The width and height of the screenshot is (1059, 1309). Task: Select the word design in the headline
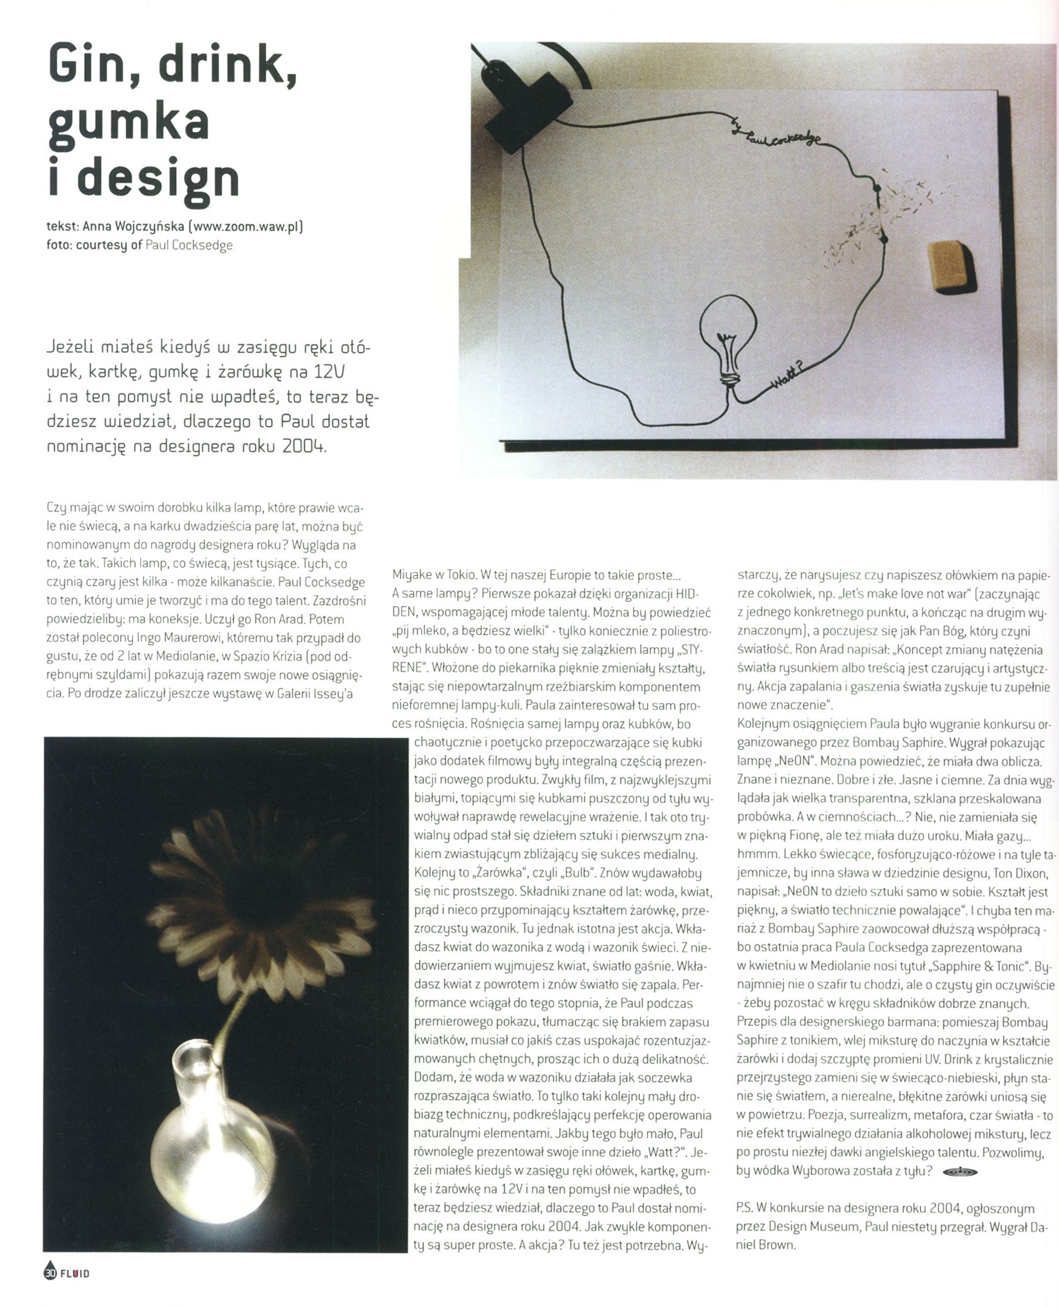click(159, 179)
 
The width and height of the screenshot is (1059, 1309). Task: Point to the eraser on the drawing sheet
click(950, 264)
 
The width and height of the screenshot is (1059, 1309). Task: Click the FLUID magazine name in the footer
click(75, 1273)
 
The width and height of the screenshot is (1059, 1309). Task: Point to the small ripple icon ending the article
click(960, 1172)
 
